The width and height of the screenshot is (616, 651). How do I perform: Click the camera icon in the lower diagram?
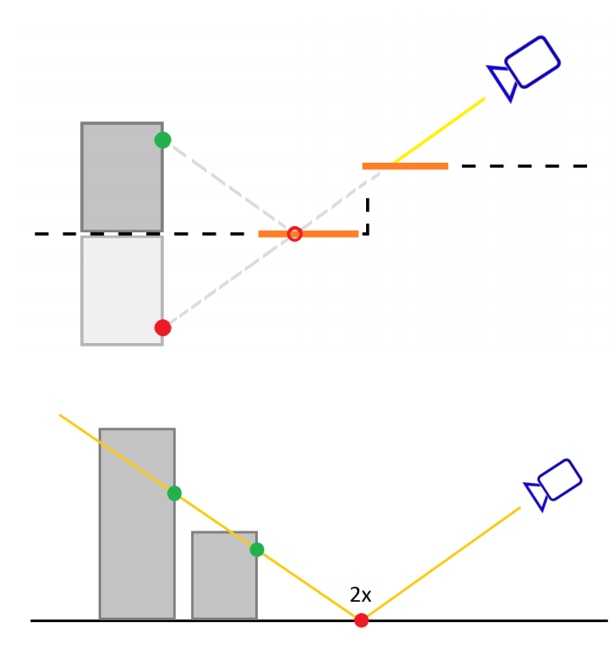pyautogui.click(x=554, y=483)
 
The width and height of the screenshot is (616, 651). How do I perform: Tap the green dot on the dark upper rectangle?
pyautogui.click(x=163, y=140)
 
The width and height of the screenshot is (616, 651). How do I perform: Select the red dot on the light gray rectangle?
pyautogui.click(x=163, y=328)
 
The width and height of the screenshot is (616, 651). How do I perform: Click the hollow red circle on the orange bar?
pyautogui.click(x=295, y=234)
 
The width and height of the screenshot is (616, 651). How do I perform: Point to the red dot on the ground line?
pyautogui.click(x=361, y=620)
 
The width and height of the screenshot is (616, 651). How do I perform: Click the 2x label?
pyautogui.click(x=361, y=596)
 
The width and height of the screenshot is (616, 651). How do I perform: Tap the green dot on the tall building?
pyautogui.click(x=174, y=494)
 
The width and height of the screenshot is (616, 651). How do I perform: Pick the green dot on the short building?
pyautogui.click(x=257, y=550)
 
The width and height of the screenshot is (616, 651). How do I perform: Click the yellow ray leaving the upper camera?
pyautogui.click(x=440, y=130)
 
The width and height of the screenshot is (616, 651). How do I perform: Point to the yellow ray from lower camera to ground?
pyautogui.click(x=440, y=564)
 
